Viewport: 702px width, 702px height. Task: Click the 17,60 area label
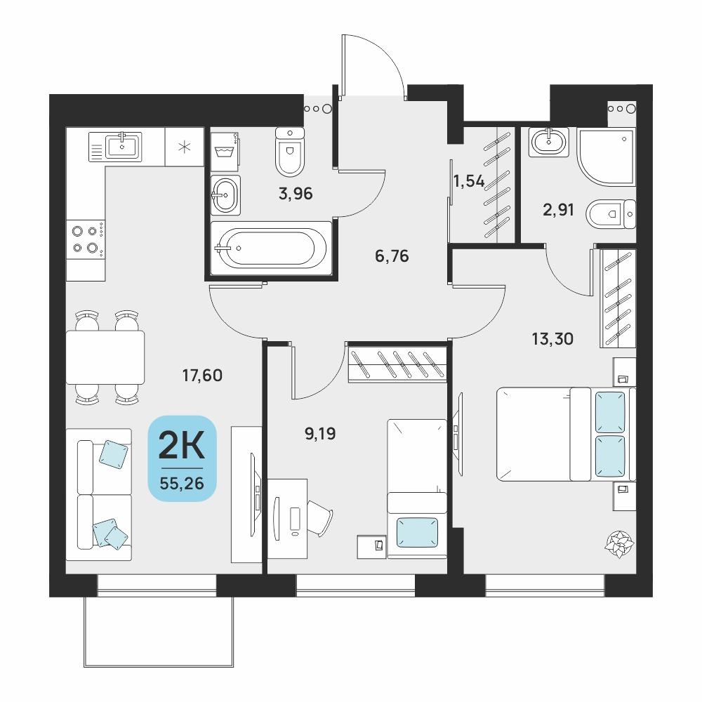[202, 375]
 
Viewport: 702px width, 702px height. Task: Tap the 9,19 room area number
[320, 433]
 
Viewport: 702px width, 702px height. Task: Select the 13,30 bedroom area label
[552, 339]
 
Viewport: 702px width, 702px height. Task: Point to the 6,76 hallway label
[392, 256]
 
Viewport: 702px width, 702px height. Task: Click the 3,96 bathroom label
[296, 194]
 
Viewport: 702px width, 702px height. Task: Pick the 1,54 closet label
[469, 181]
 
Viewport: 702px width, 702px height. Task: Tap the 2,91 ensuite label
[558, 209]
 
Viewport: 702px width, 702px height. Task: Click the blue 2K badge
[183, 458]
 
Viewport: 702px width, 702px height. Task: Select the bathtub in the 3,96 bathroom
[271, 248]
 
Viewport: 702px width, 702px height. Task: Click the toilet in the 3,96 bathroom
[290, 152]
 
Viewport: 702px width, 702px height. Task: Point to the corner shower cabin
[607, 157]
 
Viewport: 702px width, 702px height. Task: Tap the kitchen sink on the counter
[116, 147]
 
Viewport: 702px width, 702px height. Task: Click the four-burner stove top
[86, 239]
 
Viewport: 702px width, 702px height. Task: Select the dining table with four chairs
[105, 357]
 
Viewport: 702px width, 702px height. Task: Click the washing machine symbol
[225, 152]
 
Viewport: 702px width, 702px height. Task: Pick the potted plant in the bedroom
[620, 544]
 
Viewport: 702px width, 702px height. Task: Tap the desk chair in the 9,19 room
[319, 518]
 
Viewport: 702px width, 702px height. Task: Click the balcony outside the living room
[159, 632]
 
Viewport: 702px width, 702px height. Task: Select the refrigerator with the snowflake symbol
[185, 147]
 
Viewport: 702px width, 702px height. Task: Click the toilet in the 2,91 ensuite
[611, 214]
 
